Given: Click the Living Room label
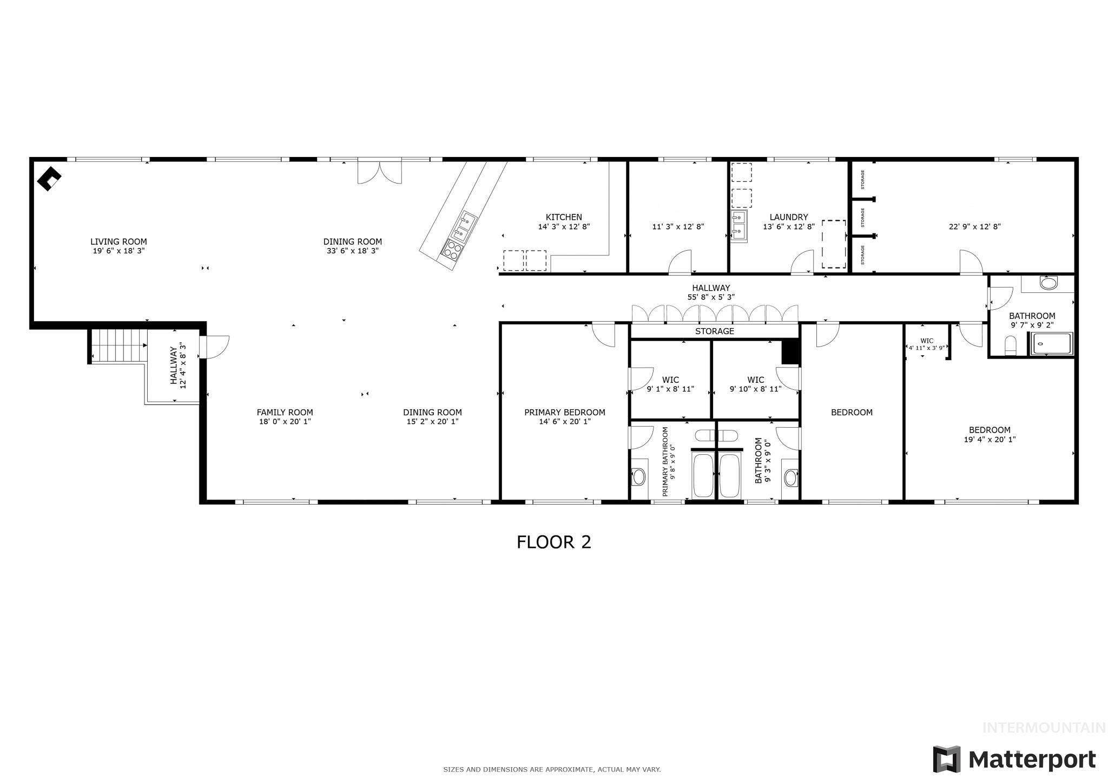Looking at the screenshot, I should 118,241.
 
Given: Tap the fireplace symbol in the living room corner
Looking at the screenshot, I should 49,178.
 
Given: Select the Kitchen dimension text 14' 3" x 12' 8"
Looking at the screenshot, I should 563,227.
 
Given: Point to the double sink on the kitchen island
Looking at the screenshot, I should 464,227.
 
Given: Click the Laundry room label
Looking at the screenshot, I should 788,217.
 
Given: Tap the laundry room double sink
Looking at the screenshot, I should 738,225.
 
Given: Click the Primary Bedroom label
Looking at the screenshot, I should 564,412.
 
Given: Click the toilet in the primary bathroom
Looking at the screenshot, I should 638,476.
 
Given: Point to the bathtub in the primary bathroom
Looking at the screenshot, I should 703,475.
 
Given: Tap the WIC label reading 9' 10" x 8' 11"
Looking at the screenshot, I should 755,389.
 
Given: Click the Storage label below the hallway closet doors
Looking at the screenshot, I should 714,331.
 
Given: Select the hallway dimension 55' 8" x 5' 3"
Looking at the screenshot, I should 710,297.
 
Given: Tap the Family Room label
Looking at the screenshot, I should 285,412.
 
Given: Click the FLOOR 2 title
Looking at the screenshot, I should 553,542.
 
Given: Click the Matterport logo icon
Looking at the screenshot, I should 946,759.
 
